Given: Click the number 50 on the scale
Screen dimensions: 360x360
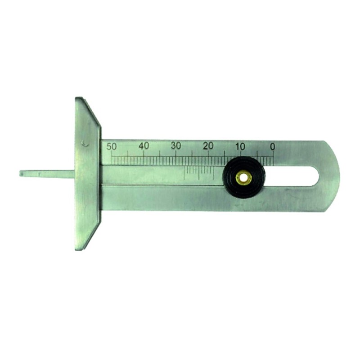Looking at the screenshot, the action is pos(112,147).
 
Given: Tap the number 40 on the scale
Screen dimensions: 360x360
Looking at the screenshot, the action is pos(144,146).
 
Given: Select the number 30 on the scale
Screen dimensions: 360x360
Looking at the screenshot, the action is pos(176,146).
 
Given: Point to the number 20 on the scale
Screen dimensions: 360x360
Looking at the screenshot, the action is pos(208,146).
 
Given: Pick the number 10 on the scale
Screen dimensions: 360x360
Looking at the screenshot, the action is pos(240,146).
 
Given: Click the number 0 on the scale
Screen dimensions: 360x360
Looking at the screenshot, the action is pos(273,147).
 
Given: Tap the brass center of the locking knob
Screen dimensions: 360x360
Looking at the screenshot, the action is pos(244,178).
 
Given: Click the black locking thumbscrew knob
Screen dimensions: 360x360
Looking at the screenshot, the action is pos(244,178).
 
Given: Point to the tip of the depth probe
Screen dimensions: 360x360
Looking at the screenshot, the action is pos(20,173).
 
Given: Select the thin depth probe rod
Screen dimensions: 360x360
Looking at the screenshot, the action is pos(47,174).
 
